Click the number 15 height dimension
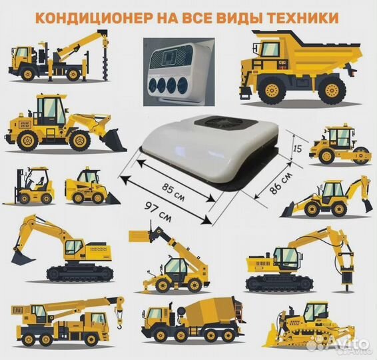299,149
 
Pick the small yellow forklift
34,186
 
